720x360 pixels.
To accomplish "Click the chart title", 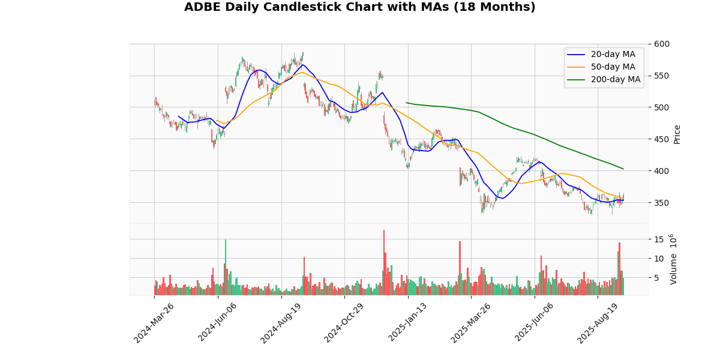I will [359, 7].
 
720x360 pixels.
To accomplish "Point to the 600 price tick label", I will [662, 44].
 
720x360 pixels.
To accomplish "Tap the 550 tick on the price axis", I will [662, 76].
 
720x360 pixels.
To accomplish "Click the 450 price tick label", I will [662, 139].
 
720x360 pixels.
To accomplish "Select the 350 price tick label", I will [662, 203].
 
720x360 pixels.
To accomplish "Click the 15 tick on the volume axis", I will [658, 239].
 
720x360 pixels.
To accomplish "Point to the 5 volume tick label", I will [656, 278].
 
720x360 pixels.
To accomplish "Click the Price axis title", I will [677, 134].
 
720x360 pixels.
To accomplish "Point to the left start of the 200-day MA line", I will [406, 103].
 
